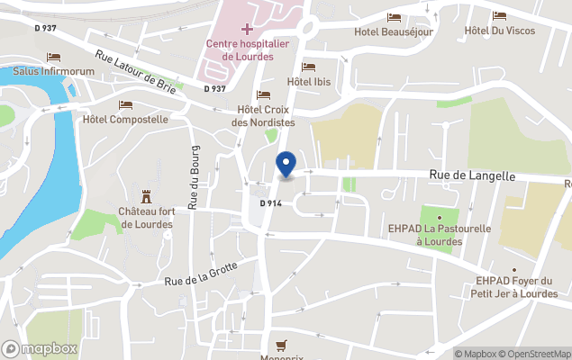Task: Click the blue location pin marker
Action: coord(286,165)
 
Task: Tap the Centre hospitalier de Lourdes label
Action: coord(247,50)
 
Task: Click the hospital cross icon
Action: coord(247,30)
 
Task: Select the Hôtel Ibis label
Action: coord(308,82)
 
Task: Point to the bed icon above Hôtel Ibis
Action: coord(309,67)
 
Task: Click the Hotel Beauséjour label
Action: coord(395,31)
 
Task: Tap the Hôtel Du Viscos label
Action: coord(499,31)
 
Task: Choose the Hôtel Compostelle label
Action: coord(125,119)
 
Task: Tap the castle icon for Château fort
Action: coord(145,196)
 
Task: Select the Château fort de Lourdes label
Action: coord(145,218)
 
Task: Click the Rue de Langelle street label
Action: coord(471,176)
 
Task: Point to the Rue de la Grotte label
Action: coord(201,273)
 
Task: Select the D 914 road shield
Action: coord(271,204)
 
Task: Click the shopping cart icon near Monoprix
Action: coord(281,344)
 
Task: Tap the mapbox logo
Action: coord(40,348)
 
